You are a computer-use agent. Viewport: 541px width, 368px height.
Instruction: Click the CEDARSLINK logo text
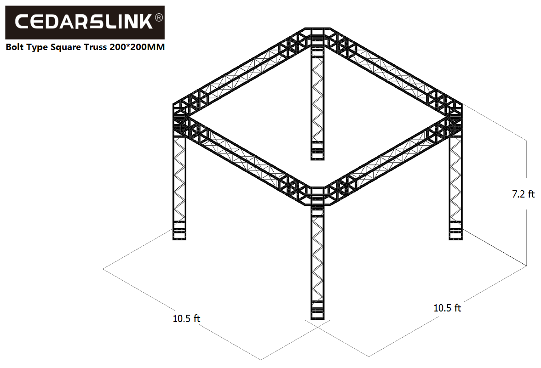point(84,21)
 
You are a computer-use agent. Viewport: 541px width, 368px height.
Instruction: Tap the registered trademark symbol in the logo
point(159,17)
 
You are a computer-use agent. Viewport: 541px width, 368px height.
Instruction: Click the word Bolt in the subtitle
point(15,47)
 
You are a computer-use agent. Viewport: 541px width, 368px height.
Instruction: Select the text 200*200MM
point(137,47)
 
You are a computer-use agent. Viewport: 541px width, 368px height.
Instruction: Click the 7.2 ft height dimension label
point(523,194)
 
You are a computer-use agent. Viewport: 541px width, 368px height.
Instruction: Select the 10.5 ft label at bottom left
point(186,318)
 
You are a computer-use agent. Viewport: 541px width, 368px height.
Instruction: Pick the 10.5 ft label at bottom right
point(447,308)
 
